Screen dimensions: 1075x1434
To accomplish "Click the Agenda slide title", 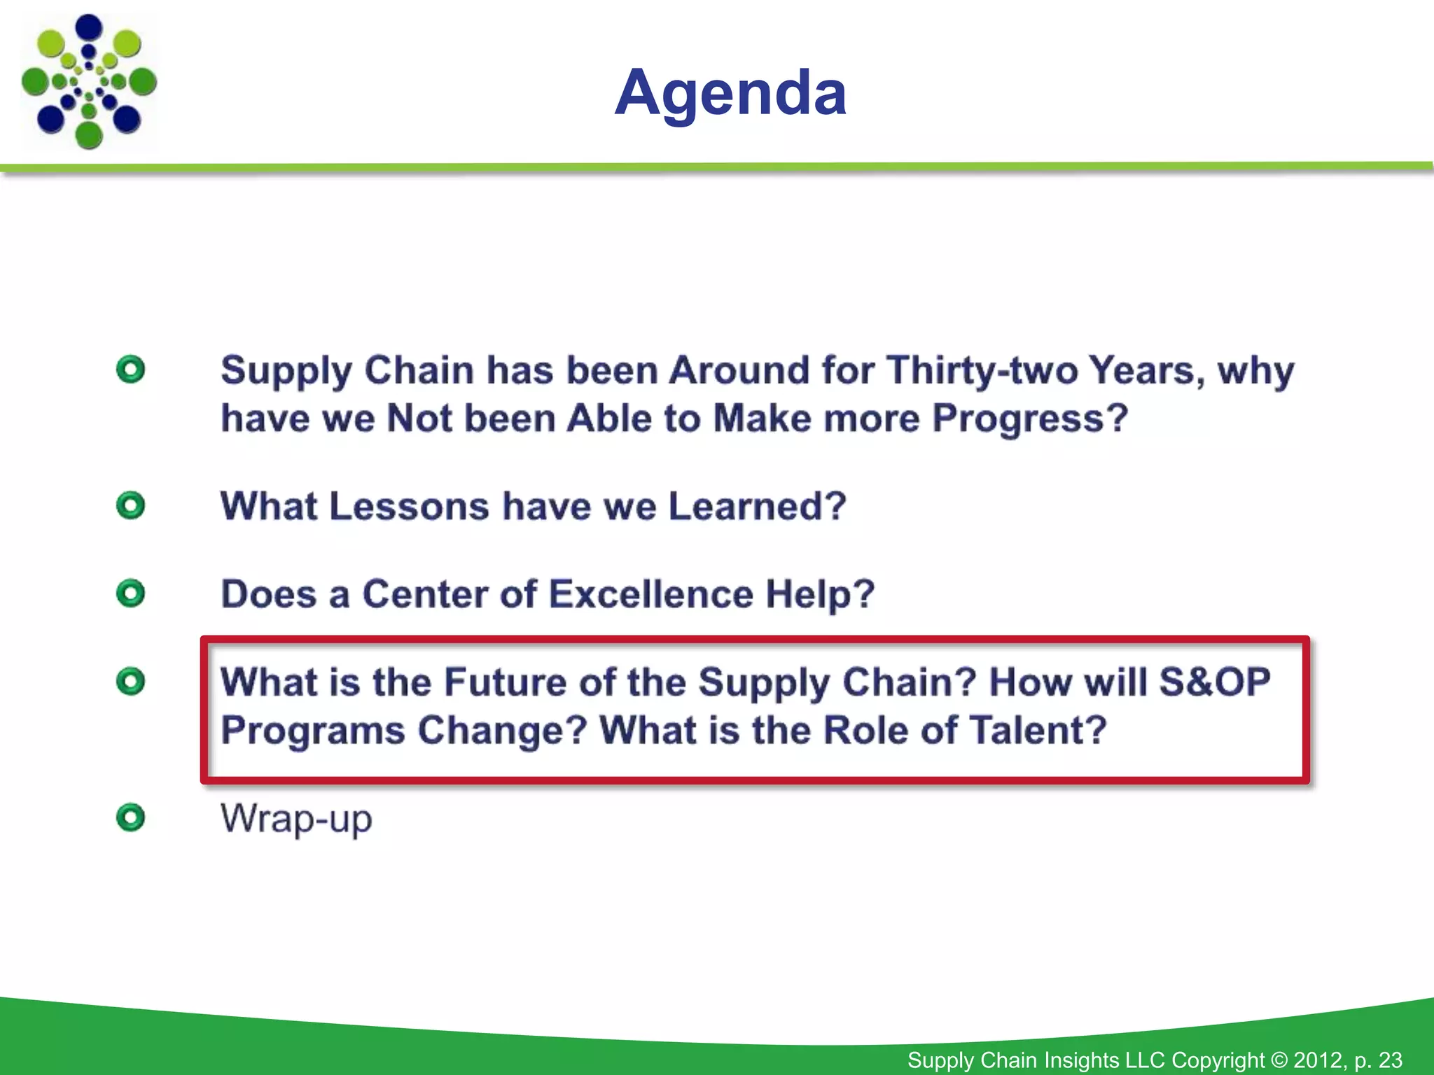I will [730, 92].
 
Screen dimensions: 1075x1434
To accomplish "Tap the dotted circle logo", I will [89, 82].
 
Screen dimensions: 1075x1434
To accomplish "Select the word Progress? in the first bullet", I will [1030, 419].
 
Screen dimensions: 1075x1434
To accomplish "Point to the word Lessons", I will [409, 506].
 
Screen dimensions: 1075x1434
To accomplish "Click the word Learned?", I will [757, 506].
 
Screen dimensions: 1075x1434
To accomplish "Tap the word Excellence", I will [650, 594].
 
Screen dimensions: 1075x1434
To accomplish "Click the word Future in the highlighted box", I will [504, 682].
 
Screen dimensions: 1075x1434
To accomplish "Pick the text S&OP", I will [1214, 682].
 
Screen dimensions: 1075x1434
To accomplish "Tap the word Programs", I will [313, 730].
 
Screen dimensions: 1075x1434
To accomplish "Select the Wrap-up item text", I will [296, 818].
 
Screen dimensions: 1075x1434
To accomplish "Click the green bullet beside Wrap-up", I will [131, 817].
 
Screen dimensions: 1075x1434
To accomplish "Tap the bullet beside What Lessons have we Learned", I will [131, 505].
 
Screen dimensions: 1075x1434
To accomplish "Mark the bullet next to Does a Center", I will [131, 593].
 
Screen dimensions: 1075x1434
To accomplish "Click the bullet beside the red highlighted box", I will [131, 681].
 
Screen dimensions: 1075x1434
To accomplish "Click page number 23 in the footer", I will [1390, 1060].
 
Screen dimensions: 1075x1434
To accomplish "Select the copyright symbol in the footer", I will [1279, 1060].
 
